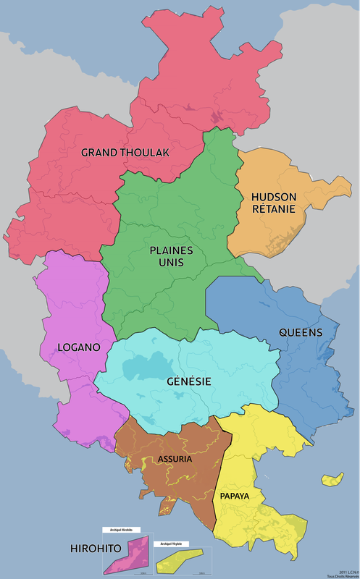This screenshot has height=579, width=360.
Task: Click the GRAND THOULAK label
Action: (125, 153)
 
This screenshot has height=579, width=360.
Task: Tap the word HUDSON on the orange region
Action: (273, 197)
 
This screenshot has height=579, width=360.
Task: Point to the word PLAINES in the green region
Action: (171, 250)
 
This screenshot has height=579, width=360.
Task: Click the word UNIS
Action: (171, 263)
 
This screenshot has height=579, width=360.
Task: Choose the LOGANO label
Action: (78, 347)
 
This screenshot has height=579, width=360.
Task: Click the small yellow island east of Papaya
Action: (332, 479)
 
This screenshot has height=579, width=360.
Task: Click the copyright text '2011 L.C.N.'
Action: (345, 570)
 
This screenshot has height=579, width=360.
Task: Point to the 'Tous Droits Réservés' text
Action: (343, 575)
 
